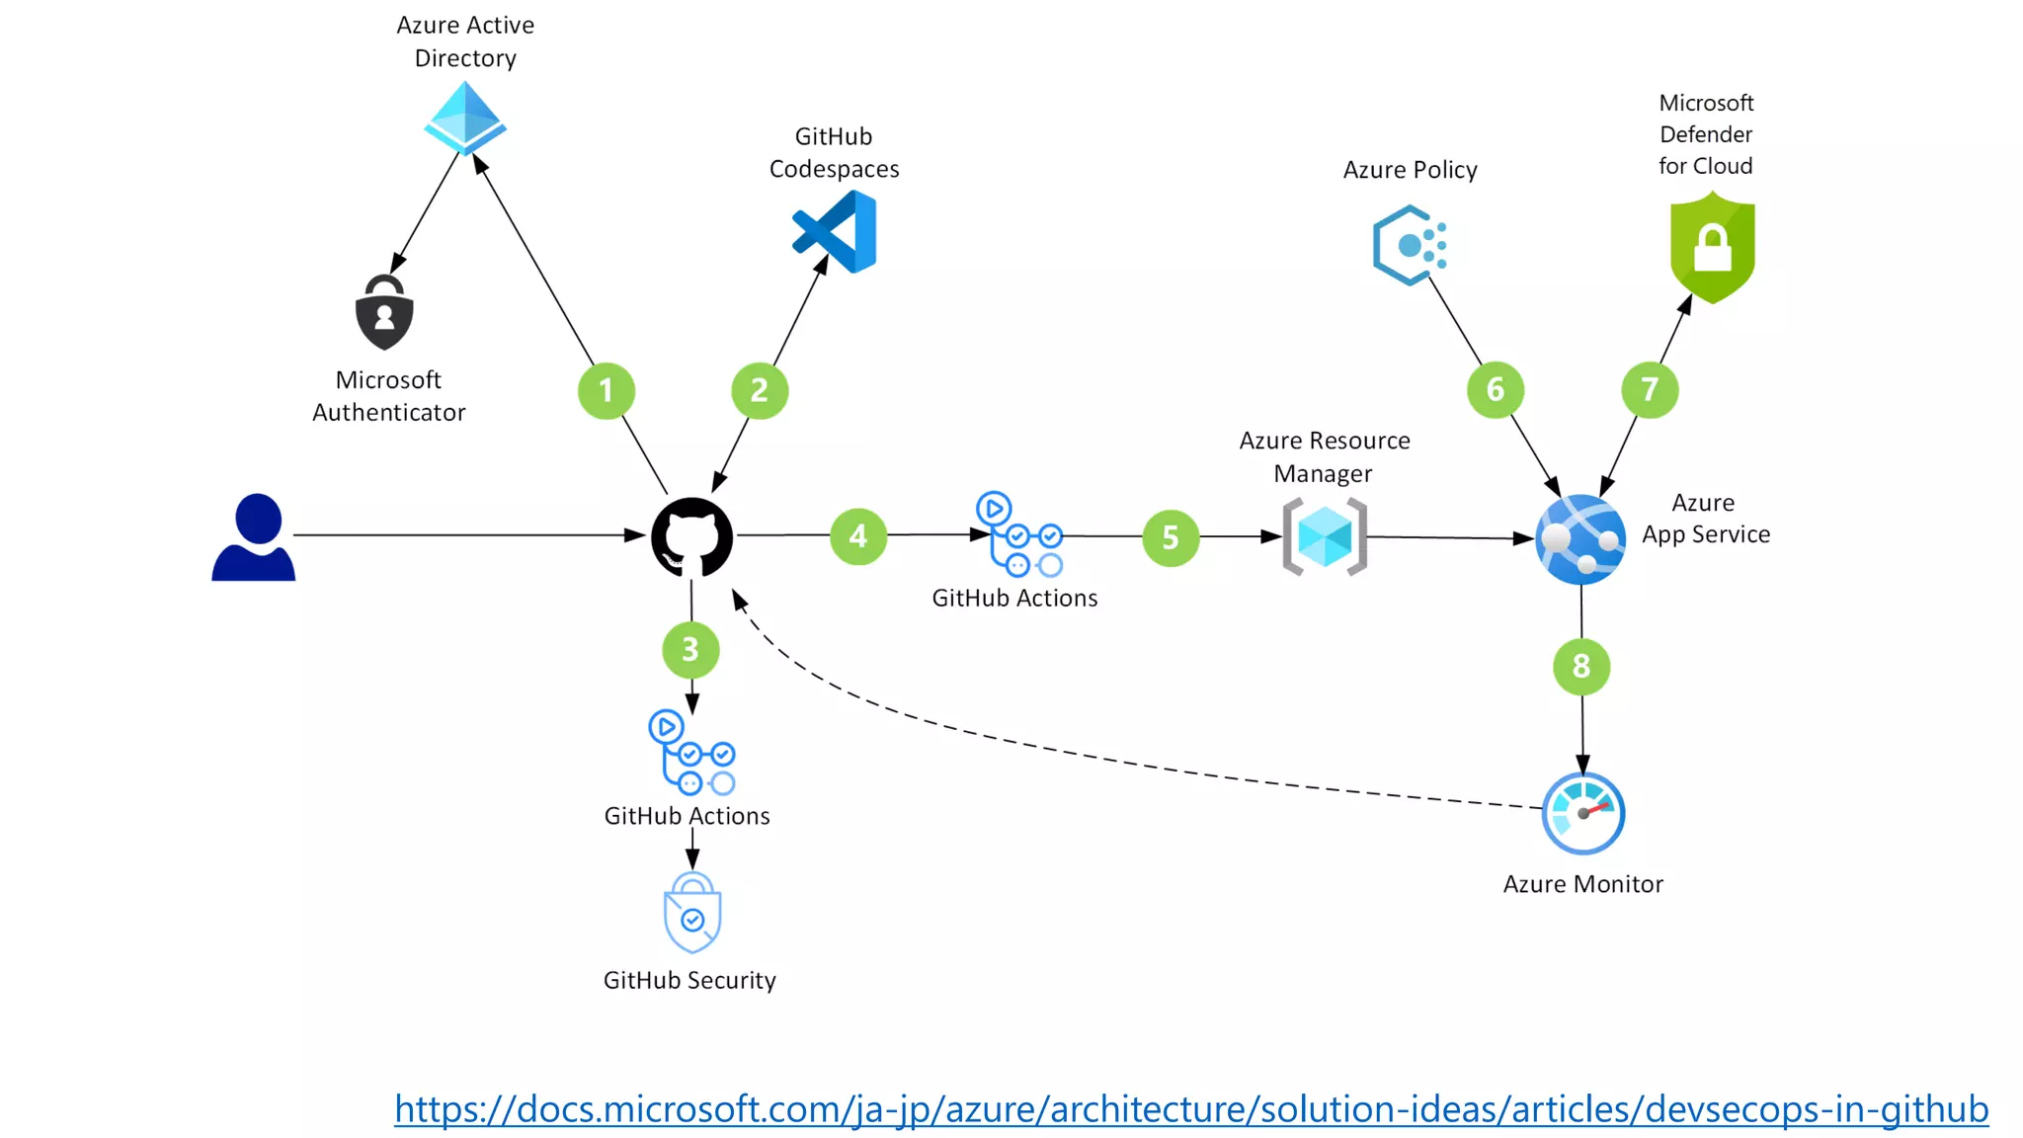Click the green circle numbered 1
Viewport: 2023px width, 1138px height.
coord(606,390)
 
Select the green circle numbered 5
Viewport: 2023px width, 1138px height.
coord(1171,537)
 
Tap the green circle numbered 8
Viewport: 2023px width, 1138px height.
coord(1581,666)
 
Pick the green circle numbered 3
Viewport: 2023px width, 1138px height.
coord(690,649)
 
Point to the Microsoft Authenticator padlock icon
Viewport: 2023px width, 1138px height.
coord(384,313)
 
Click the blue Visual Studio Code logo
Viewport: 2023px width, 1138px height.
coord(837,232)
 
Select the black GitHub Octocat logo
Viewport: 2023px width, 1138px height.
coord(691,537)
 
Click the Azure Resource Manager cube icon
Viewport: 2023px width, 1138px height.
coord(1325,536)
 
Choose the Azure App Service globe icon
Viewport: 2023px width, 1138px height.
coord(1580,539)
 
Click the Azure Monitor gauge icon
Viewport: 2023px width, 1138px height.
coord(1583,813)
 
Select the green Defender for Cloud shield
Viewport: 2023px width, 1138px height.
coord(1712,248)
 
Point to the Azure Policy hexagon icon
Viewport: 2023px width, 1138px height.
coord(1409,245)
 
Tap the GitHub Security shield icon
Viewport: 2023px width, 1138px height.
coord(692,913)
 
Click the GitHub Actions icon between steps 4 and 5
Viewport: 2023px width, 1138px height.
coord(1019,534)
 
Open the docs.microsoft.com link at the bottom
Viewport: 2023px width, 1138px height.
coord(1190,1108)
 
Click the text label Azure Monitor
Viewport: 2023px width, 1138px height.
coord(1582,884)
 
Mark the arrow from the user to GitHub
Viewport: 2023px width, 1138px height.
coord(464,534)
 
